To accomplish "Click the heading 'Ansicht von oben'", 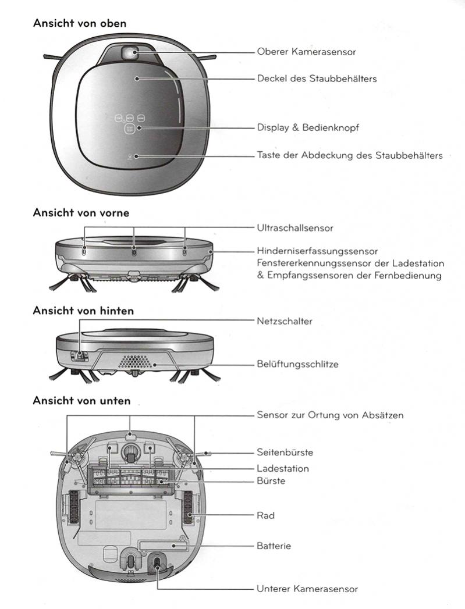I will pyautogui.click(x=80, y=23).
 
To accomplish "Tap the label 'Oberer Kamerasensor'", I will pyautogui.click(x=306, y=52).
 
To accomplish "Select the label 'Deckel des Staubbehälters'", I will pyautogui.click(x=317, y=78).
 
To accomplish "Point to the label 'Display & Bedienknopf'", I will pyautogui.click(x=308, y=127).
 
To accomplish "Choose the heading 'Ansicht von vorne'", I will pyautogui.click(x=81, y=213).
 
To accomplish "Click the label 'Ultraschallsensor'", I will pyautogui.click(x=295, y=228).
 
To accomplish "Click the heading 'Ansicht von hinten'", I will pyautogui.click(x=83, y=311).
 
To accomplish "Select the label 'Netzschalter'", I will pyautogui.click(x=285, y=321).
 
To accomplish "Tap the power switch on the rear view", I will pyautogui.click(x=80, y=354).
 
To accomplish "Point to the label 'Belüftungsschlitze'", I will pyautogui.click(x=297, y=365).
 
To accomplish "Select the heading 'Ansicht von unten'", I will pyautogui.click(x=81, y=401).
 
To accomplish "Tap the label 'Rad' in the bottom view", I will pyautogui.click(x=265, y=515).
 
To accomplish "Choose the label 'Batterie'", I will pyautogui.click(x=274, y=546).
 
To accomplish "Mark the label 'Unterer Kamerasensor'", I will pyautogui.click(x=307, y=589).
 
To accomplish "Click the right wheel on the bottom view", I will pyautogui.click(x=189, y=505).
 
